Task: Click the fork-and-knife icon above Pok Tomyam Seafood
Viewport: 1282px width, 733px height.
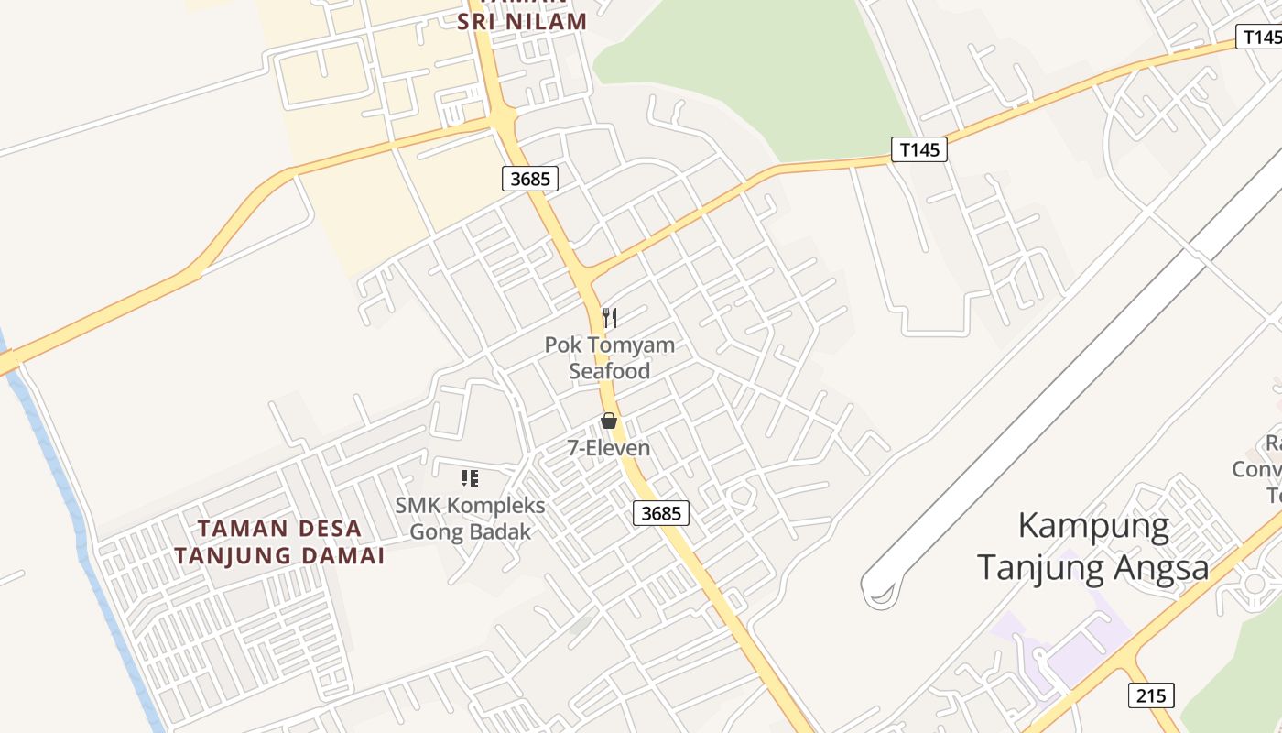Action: click(610, 318)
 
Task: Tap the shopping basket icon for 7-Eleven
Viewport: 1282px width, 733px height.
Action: click(609, 421)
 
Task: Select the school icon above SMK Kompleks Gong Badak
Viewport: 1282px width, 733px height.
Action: click(470, 477)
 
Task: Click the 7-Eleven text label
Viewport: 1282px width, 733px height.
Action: click(609, 448)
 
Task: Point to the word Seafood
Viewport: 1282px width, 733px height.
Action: click(610, 371)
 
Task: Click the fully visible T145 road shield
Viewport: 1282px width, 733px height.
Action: click(918, 149)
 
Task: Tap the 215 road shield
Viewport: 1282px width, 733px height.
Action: click(1150, 695)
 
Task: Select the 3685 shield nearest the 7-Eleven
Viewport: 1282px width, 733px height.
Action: click(661, 513)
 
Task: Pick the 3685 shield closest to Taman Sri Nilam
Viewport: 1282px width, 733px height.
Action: click(530, 179)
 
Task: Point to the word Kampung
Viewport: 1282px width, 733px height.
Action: click(1093, 527)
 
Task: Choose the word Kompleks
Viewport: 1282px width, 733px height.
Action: click(494, 506)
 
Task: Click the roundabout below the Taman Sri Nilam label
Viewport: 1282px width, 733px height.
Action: click(502, 118)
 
